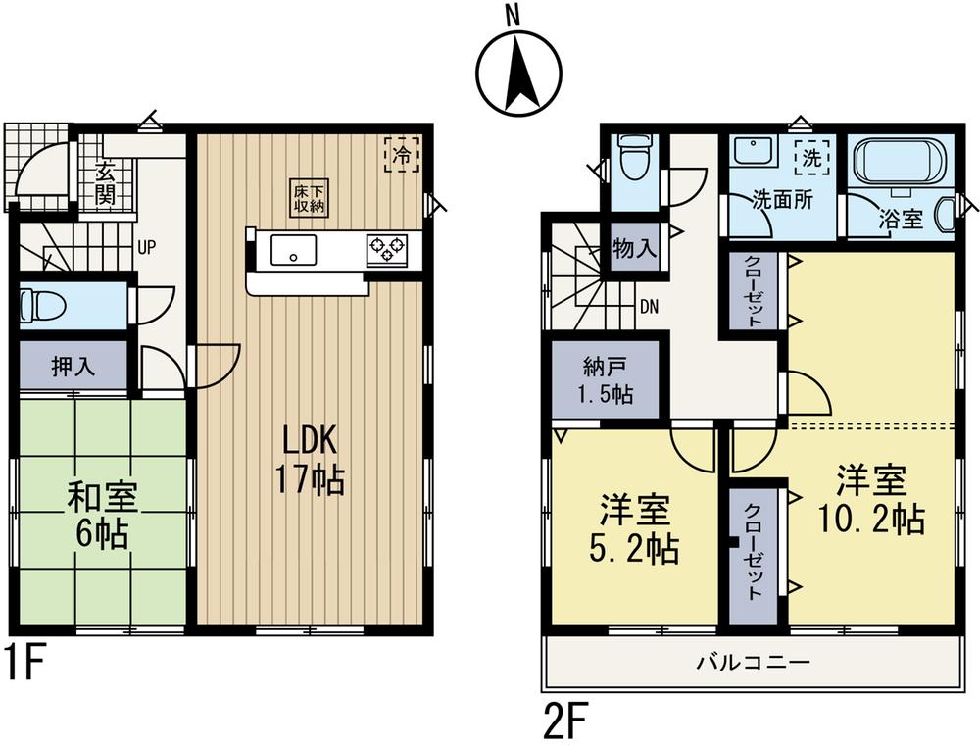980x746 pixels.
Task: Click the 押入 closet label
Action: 73,367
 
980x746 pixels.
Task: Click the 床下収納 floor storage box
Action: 309,197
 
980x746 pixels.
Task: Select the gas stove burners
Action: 388,249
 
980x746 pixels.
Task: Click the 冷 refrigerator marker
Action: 402,154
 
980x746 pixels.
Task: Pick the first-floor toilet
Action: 45,305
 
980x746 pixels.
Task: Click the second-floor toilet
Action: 635,160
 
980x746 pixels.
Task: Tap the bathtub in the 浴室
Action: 899,161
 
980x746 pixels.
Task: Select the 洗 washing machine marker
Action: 812,157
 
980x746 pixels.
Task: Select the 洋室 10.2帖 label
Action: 870,501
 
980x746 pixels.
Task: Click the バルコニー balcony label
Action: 754,664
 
